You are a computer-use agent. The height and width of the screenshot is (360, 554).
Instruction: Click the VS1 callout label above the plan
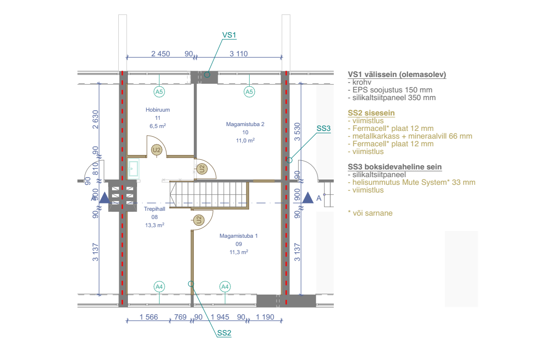229,35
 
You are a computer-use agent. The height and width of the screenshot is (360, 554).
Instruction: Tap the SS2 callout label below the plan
224,333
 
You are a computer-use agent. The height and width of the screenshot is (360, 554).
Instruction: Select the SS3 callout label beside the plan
323,129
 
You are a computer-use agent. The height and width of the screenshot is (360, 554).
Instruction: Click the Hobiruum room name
158,110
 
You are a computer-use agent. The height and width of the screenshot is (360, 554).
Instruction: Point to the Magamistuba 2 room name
245,124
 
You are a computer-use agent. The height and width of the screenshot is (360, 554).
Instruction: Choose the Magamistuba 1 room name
239,236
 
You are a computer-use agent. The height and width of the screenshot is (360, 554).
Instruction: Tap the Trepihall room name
154,209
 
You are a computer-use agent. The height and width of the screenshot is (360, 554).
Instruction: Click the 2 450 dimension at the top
161,54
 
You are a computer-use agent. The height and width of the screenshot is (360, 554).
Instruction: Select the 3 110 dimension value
239,54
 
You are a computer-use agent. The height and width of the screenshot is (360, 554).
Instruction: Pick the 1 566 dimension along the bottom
149,317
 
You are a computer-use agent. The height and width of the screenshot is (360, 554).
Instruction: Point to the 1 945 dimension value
220,317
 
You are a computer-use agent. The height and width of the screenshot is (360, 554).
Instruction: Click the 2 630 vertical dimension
95,119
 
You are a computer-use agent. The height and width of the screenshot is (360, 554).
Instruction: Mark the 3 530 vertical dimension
298,131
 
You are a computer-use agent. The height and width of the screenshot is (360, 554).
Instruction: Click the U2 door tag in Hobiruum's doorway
156,150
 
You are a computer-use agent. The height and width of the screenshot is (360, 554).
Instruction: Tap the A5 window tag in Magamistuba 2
250,92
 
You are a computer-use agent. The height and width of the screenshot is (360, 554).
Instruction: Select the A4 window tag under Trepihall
159,287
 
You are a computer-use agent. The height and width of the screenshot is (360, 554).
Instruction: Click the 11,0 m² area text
245,141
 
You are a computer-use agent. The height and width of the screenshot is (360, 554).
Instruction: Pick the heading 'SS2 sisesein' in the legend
371,113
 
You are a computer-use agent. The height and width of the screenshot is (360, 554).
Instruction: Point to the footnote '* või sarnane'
370,213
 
